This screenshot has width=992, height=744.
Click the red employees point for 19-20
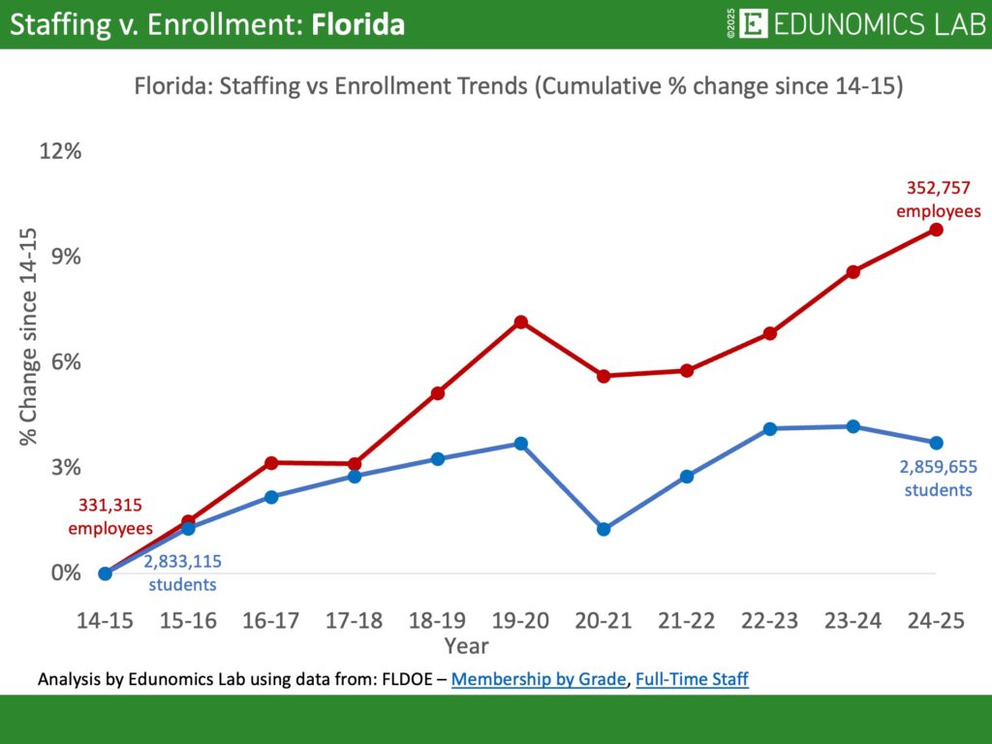(x=520, y=322)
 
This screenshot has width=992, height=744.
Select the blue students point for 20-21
(x=604, y=529)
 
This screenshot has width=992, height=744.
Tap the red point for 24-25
(x=936, y=230)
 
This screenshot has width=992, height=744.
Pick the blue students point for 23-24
(x=852, y=426)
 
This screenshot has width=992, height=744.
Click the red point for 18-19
(x=438, y=393)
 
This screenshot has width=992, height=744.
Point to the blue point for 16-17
(x=271, y=497)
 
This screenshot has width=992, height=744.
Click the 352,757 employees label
(x=938, y=199)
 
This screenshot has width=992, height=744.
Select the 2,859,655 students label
(x=938, y=478)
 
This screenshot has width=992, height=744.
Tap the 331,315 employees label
(x=110, y=517)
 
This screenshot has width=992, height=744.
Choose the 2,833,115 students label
(x=182, y=573)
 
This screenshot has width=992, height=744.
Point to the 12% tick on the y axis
(x=60, y=151)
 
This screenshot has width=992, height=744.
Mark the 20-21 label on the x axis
(x=604, y=622)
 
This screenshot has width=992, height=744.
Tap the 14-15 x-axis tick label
(x=106, y=622)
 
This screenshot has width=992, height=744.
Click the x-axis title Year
(x=466, y=645)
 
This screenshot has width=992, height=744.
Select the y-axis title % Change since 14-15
(x=28, y=337)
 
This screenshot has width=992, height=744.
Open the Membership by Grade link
(x=538, y=679)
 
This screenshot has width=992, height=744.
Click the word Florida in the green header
(x=357, y=24)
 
